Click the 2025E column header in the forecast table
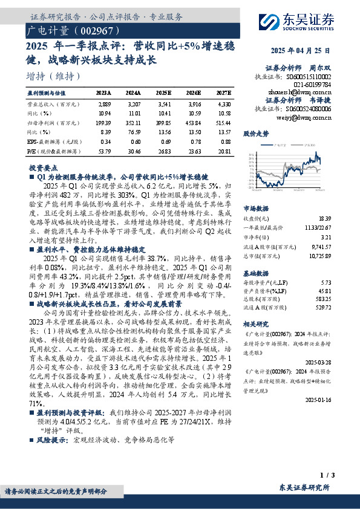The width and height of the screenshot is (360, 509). (x=163, y=93)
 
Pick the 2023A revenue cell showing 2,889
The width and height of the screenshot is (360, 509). (x=103, y=104)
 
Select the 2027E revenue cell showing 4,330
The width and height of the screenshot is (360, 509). (x=223, y=104)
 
